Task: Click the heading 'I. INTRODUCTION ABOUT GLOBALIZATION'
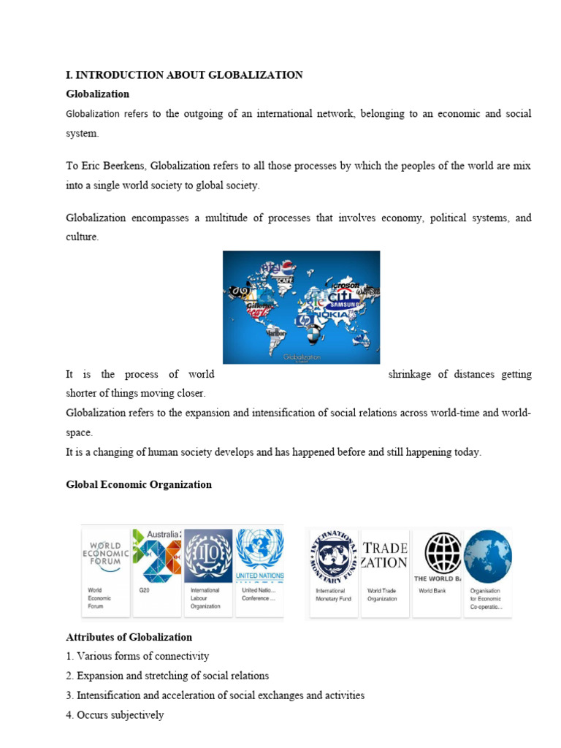(184, 75)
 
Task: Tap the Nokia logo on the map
(342, 316)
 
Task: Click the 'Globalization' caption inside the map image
(302, 357)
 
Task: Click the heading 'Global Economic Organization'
(139, 484)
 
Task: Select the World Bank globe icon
(437, 552)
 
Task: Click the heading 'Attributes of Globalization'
(129, 637)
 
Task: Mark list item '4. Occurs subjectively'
(115, 715)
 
